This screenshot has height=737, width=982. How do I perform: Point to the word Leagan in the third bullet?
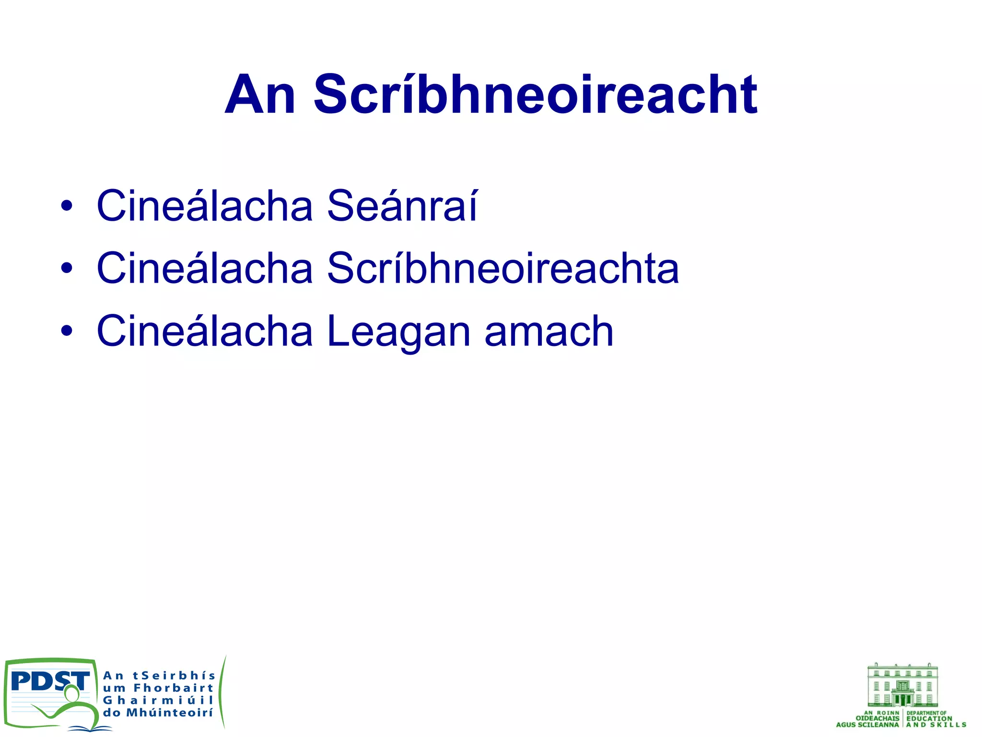(398, 331)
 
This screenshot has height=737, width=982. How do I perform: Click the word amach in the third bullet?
(549, 331)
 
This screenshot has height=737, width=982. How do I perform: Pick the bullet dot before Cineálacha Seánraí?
(67, 207)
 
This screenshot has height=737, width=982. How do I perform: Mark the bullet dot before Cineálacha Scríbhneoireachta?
(67, 269)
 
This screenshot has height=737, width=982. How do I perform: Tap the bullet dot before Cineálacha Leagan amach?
(67, 332)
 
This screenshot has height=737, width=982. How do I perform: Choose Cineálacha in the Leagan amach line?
(205, 331)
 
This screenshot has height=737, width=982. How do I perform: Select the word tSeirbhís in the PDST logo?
(174, 676)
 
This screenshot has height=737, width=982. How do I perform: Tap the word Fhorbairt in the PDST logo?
(173, 688)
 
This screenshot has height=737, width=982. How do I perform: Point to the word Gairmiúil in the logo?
(158, 701)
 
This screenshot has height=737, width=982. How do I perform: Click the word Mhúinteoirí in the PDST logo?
(169, 713)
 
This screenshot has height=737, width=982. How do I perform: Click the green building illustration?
(902, 685)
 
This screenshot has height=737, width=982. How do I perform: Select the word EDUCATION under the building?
(929, 719)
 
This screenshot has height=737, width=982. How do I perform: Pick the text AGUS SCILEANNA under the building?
(867, 725)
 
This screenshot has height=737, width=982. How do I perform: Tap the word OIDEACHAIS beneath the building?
(877, 719)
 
